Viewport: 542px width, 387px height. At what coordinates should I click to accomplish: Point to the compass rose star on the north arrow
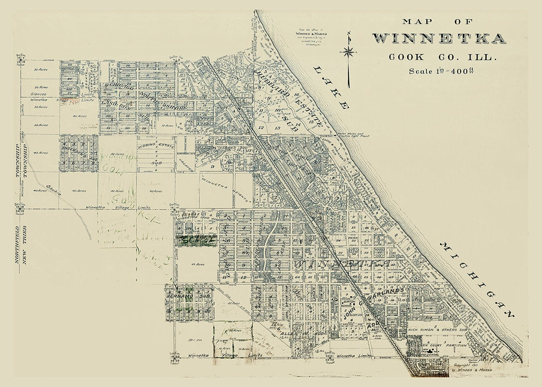click(348, 51)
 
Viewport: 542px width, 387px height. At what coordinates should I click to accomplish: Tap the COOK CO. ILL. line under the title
click(443, 57)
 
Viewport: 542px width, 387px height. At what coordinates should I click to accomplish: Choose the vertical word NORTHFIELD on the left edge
click(16, 244)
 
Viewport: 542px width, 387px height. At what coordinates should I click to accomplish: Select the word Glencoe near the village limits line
click(37, 94)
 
